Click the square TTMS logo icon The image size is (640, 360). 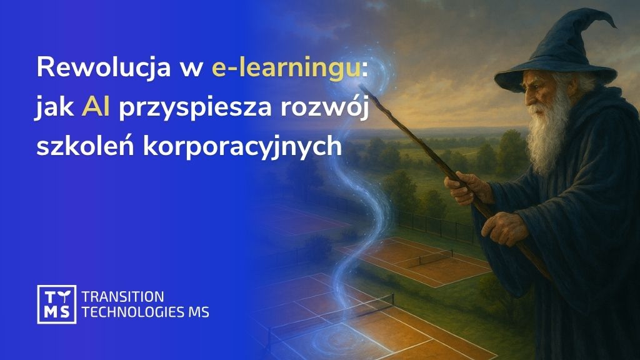click(x=56, y=304)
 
